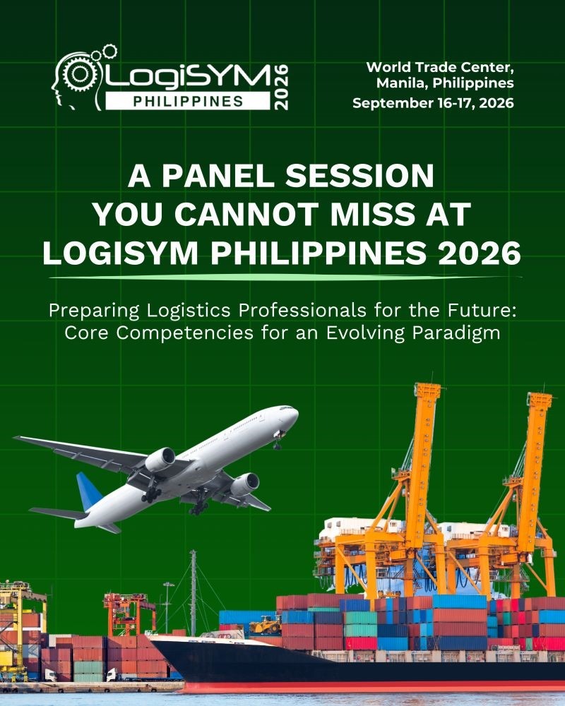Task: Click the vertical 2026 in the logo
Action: pyautogui.click(x=281, y=87)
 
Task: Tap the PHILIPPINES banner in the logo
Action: pyautogui.click(x=188, y=102)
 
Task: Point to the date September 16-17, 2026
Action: pyautogui.click(x=433, y=103)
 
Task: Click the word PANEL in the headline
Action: pyautogui.click(x=218, y=176)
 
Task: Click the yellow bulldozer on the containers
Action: pyautogui.click(x=266, y=625)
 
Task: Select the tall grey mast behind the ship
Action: pyautogui.click(x=194, y=592)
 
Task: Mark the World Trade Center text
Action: pyautogui.click(x=440, y=68)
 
